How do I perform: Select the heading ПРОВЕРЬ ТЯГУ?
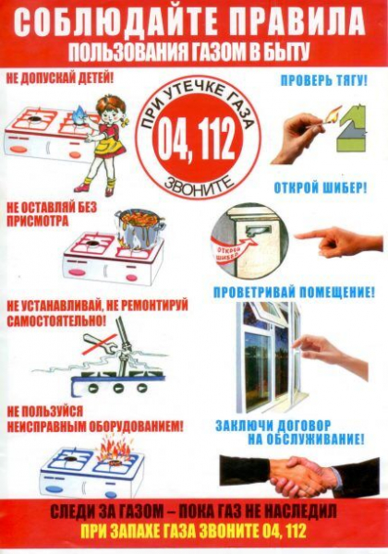[x=323, y=81]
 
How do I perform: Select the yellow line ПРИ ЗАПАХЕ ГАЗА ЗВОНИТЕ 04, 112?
[x=194, y=534]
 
